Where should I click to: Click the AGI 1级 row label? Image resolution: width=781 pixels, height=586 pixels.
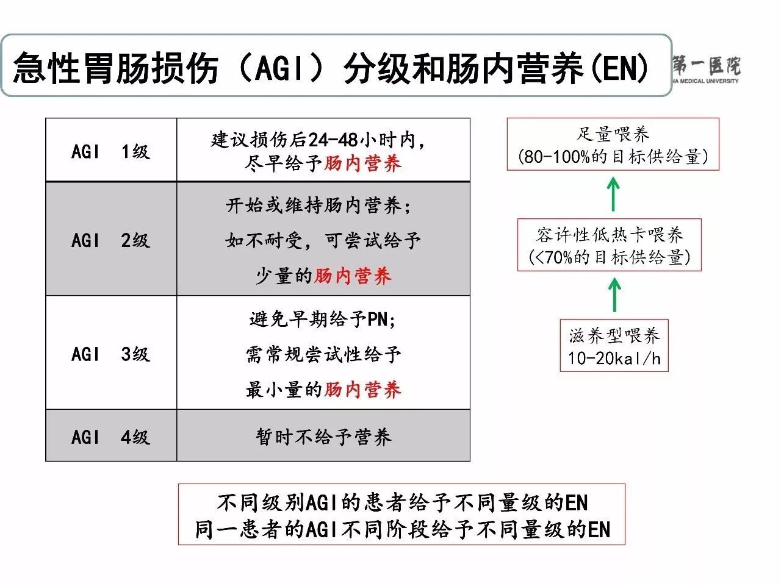[x=110, y=151]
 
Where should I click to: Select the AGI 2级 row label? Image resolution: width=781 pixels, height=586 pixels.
[x=110, y=240]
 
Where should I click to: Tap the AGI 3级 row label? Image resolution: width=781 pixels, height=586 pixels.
[x=110, y=354]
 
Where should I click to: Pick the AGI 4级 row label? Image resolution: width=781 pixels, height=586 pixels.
[x=110, y=437]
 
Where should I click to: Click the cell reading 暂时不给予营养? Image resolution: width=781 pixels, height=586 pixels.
[x=323, y=437]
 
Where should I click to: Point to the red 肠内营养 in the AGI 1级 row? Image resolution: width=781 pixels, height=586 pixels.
[x=362, y=163]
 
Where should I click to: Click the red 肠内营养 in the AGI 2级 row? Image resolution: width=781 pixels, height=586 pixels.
[x=353, y=276]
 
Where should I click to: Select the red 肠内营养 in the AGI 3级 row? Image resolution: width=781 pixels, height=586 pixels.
[x=362, y=390]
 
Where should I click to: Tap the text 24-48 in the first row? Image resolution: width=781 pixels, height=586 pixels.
[x=333, y=140]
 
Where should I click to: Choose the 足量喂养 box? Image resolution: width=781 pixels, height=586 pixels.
[x=613, y=145]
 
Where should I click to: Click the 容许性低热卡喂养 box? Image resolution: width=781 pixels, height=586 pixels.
[x=609, y=245]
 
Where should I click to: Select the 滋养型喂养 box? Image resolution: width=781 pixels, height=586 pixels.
[x=614, y=346]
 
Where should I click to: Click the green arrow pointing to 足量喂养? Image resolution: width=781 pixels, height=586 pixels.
[x=613, y=194]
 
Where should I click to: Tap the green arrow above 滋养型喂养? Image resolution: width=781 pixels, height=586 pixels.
[x=614, y=295]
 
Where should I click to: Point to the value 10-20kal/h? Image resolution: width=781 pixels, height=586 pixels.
[x=614, y=358]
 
